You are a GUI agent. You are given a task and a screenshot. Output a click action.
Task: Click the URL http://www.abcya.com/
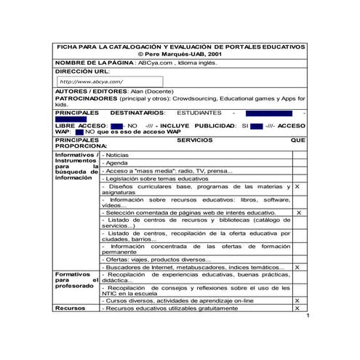(x=91, y=81)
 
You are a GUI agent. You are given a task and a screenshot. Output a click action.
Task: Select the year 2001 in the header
(x=215, y=55)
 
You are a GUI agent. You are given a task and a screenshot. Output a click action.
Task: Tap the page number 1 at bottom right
(x=309, y=317)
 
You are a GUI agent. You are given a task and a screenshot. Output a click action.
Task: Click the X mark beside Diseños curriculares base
(x=297, y=187)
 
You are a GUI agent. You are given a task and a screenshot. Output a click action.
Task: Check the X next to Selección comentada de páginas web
(x=297, y=212)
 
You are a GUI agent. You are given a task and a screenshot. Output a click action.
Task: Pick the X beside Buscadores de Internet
(x=297, y=268)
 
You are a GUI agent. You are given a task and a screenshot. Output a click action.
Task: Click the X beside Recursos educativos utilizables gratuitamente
(x=297, y=308)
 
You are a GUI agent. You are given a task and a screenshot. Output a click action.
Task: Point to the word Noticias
(x=118, y=156)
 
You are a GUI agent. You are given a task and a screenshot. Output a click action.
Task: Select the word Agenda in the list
(x=117, y=164)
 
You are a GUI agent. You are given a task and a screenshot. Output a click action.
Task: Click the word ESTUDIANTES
(x=199, y=113)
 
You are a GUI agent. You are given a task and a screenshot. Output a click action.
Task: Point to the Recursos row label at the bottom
(x=71, y=308)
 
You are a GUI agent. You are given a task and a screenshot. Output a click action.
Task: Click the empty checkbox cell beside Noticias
(x=298, y=156)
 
